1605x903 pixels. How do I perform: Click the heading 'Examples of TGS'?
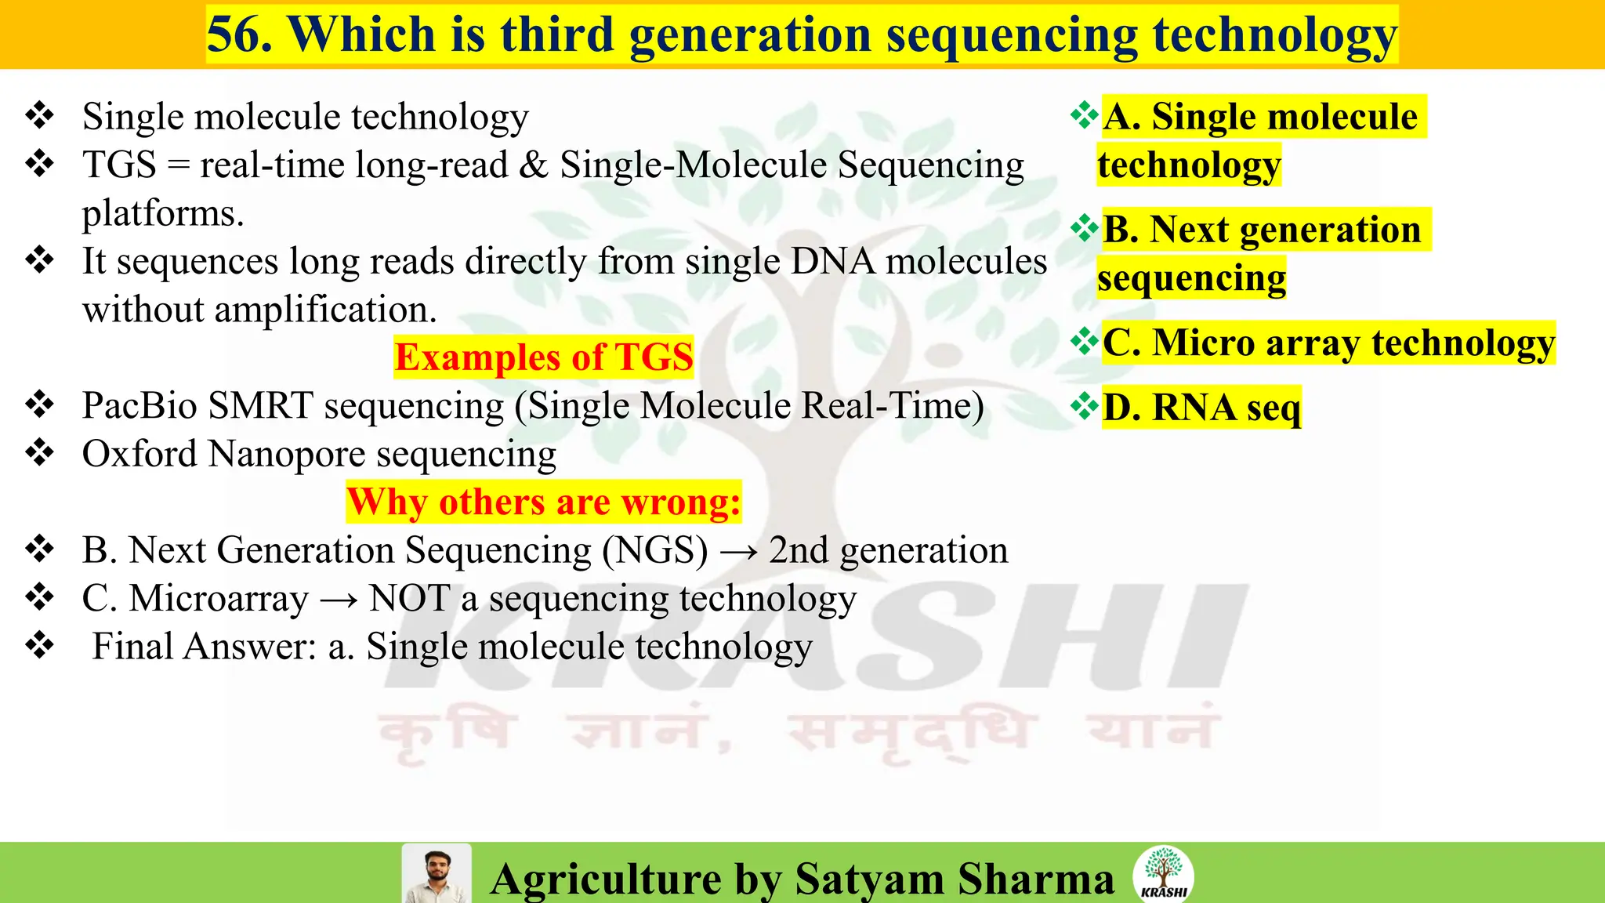pos(543,357)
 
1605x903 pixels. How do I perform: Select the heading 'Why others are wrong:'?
pos(543,502)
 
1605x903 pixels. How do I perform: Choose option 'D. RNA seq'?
pos(1201,408)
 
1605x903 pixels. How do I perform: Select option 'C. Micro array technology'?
pos(1328,343)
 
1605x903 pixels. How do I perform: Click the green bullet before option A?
pos(1085,115)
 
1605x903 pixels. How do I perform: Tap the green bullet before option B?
pos(1085,228)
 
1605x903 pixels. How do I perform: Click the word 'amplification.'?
pos(325,310)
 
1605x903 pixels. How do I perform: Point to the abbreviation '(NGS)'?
pos(654,550)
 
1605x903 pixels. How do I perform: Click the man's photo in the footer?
pos(436,874)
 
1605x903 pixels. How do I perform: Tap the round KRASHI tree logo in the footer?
pos(1163,873)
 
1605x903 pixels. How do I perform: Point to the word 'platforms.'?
pos(163,213)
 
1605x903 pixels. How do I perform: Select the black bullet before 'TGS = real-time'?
pos(39,164)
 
